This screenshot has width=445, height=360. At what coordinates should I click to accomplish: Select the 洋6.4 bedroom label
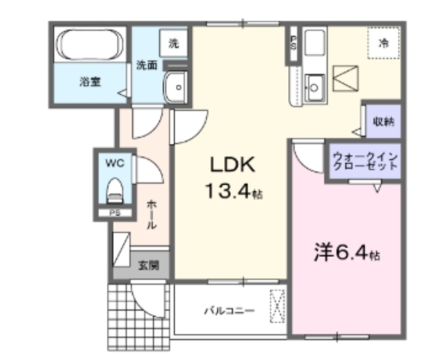click(x=346, y=254)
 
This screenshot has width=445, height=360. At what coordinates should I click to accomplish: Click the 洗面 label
click(x=146, y=65)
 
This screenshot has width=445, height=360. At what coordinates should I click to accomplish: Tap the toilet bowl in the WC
click(x=114, y=189)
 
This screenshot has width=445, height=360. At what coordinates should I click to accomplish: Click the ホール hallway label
click(x=151, y=215)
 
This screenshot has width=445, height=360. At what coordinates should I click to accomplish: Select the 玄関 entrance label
click(x=147, y=265)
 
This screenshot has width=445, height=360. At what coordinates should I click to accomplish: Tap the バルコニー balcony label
click(x=229, y=311)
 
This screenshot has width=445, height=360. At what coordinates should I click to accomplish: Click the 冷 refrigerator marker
click(x=382, y=42)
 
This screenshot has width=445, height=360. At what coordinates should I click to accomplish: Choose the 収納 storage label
click(x=382, y=121)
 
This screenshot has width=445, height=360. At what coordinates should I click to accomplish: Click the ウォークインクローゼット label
click(x=365, y=161)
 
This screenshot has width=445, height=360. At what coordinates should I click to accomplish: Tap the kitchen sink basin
click(x=314, y=88)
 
